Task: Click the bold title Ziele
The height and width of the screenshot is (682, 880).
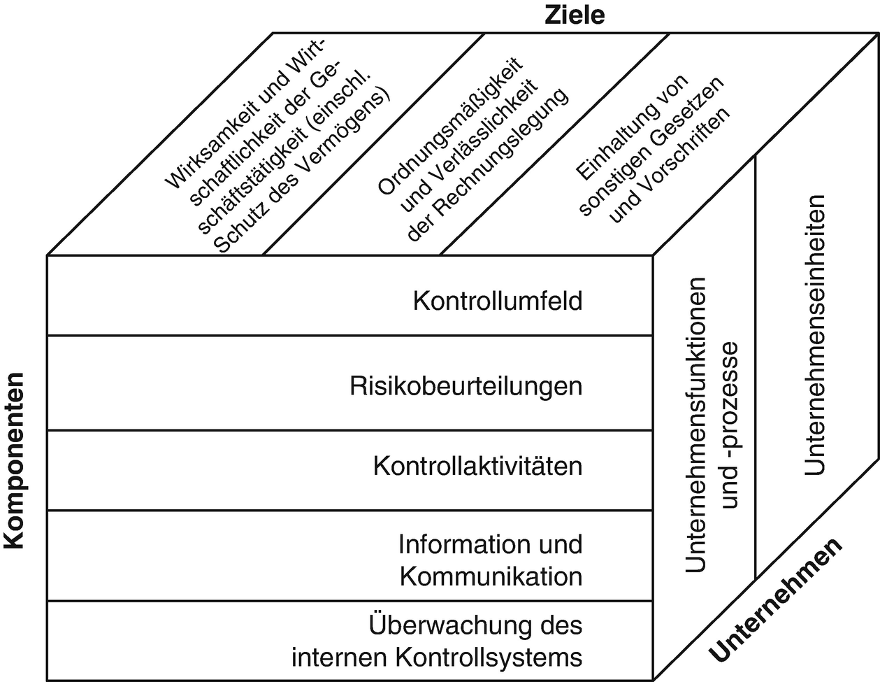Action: [575, 14]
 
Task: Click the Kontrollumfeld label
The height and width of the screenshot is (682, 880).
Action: [498, 301]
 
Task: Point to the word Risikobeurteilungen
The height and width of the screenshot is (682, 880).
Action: [466, 386]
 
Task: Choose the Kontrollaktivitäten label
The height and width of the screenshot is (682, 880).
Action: [477, 466]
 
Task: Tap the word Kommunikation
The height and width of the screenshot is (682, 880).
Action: [491, 576]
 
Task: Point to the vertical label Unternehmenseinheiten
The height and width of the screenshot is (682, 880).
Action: [814, 336]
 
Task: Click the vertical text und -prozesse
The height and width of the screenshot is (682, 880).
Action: [730, 434]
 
